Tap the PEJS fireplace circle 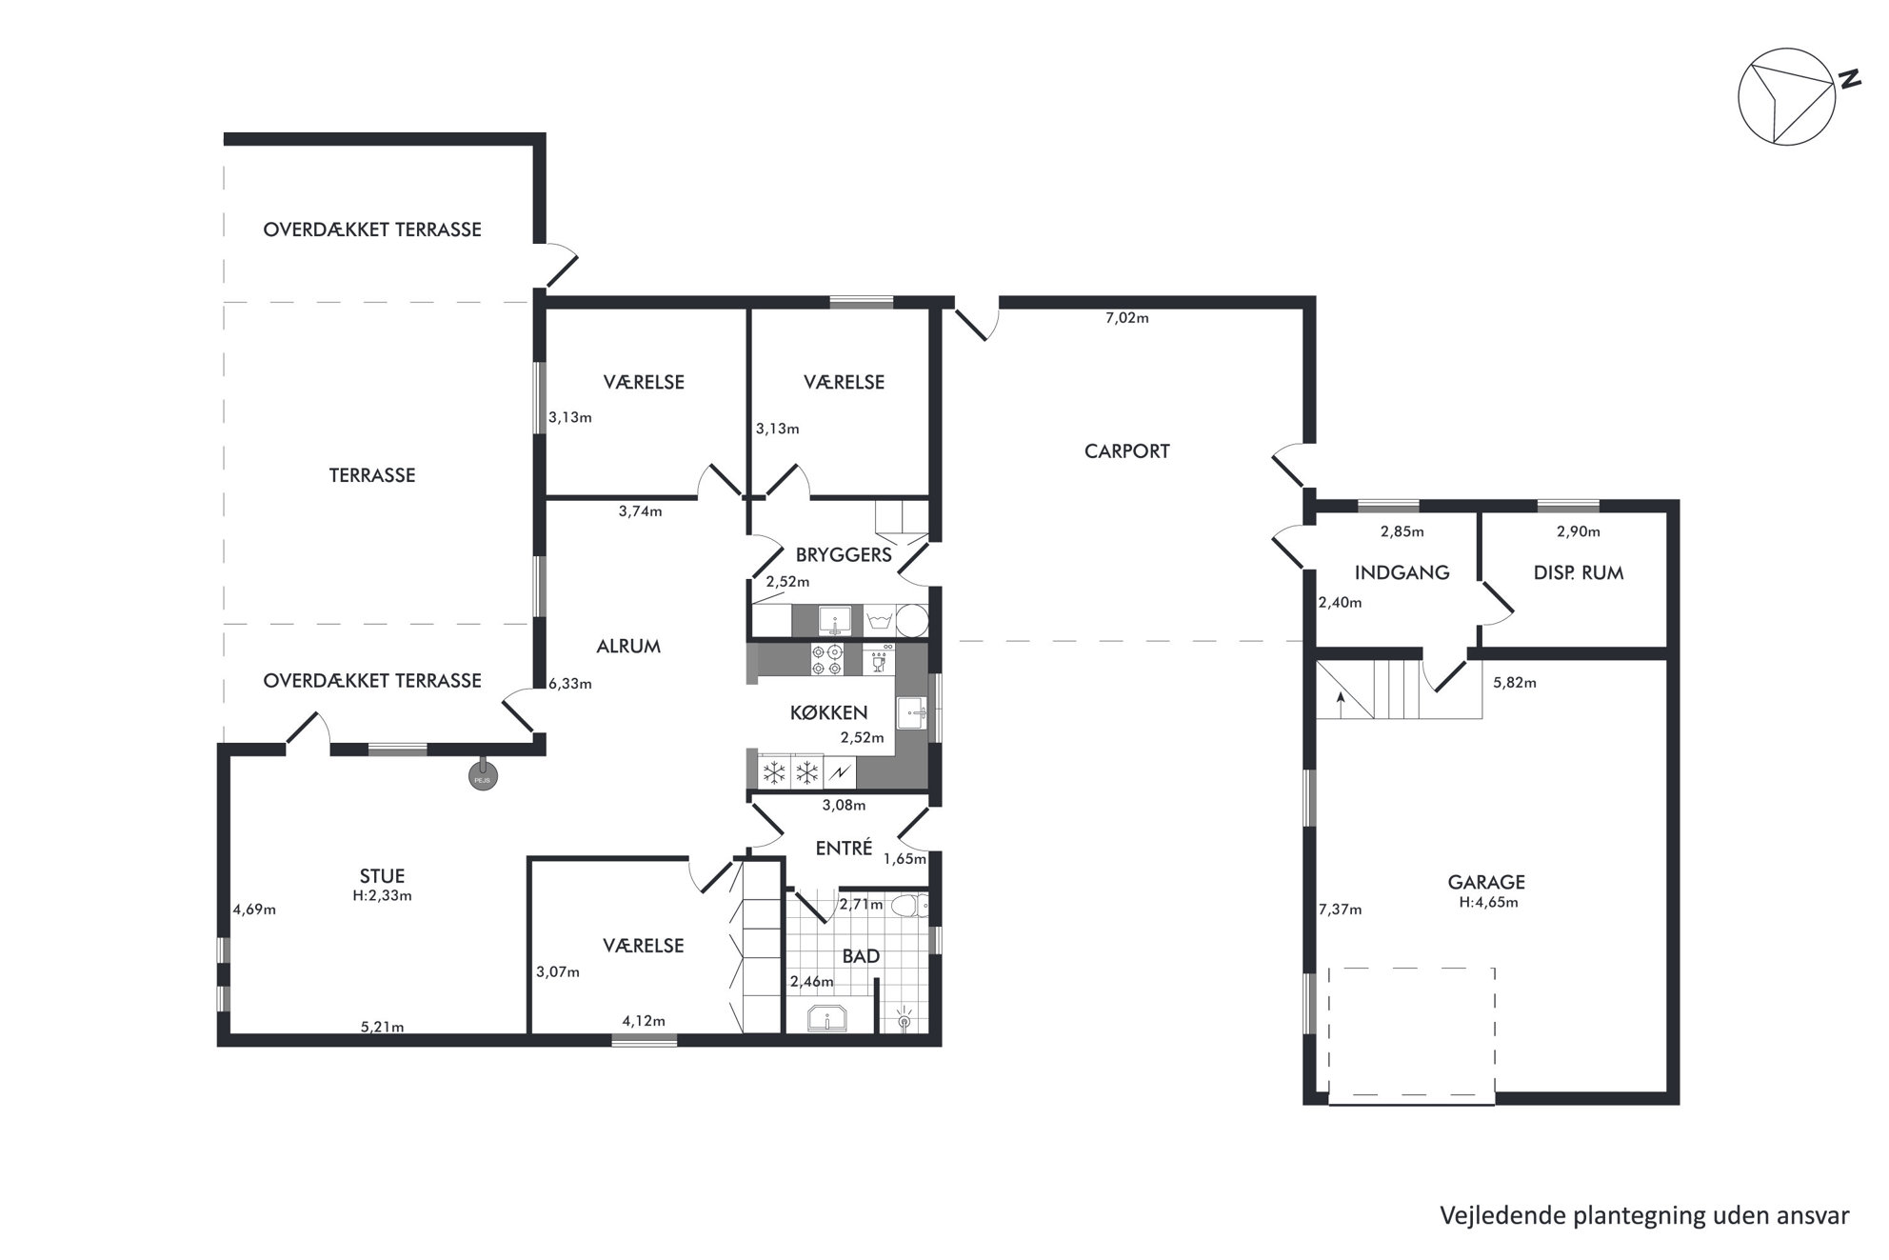pyautogui.click(x=483, y=779)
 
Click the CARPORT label pyautogui.click(x=1126, y=451)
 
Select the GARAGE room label pyautogui.click(x=1486, y=883)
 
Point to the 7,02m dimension pyautogui.click(x=1126, y=318)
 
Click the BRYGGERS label pyautogui.click(x=844, y=555)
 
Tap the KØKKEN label pyautogui.click(x=828, y=712)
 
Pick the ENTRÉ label pyautogui.click(x=844, y=848)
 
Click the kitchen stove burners pyautogui.click(x=825, y=660)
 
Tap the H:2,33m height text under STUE pyautogui.click(x=382, y=895)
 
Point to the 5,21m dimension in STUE pyautogui.click(x=382, y=1027)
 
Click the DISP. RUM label pyautogui.click(x=1579, y=573)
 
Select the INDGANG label pyautogui.click(x=1402, y=573)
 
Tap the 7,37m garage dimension pyautogui.click(x=1340, y=910)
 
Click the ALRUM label pyautogui.click(x=628, y=647)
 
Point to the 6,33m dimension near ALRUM pyautogui.click(x=569, y=684)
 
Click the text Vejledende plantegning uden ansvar pyautogui.click(x=1644, y=1216)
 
